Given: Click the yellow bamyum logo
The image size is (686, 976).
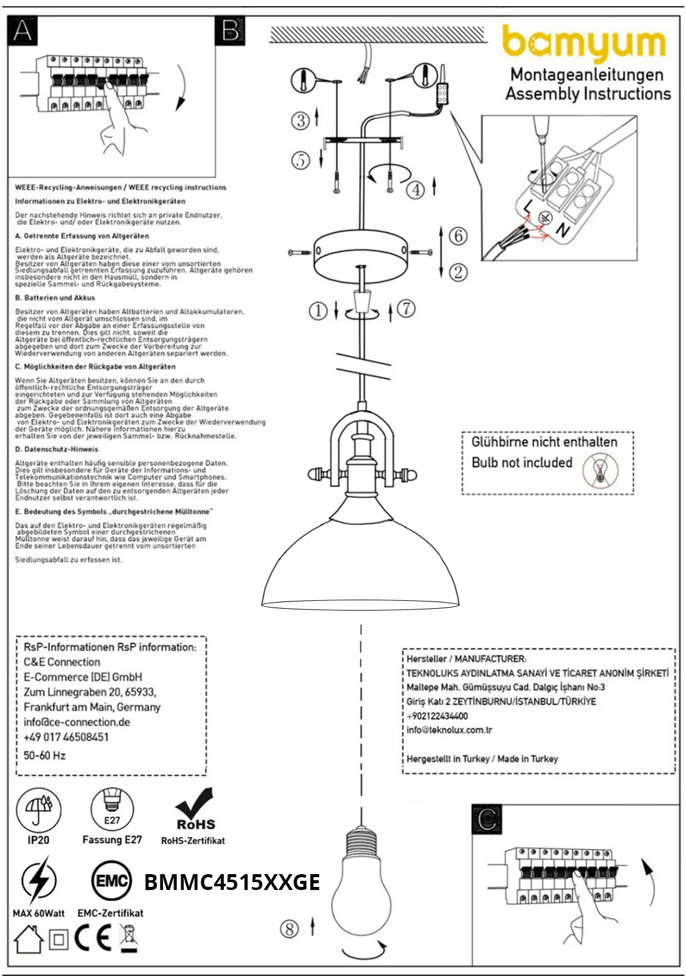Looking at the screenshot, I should (583, 43).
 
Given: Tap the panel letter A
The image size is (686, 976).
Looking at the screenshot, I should (23, 30).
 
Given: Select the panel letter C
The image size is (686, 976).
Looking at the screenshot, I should (487, 819).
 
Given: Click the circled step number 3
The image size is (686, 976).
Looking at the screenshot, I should (300, 120).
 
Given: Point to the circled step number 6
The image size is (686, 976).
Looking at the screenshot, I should (458, 235).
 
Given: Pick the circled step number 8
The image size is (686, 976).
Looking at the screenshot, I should (289, 928).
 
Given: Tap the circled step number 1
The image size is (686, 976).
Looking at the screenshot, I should (317, 310).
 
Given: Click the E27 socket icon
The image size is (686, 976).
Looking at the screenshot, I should (112, 809).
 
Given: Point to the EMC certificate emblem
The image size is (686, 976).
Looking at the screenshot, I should (111, 881).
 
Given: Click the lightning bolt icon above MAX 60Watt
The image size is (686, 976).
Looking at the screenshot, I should (38, 880).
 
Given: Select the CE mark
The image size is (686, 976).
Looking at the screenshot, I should (93, 938).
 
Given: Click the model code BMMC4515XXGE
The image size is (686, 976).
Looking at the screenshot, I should (232, 882).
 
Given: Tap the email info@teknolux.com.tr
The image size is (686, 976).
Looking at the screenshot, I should (449, 730).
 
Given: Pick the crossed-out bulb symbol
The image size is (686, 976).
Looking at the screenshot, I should (600, 470).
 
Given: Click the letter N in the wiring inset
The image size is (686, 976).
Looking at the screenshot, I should (562, 230).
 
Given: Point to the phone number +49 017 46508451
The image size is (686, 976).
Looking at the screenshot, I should (66, 737).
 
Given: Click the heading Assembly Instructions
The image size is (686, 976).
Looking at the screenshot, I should (588, 93).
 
